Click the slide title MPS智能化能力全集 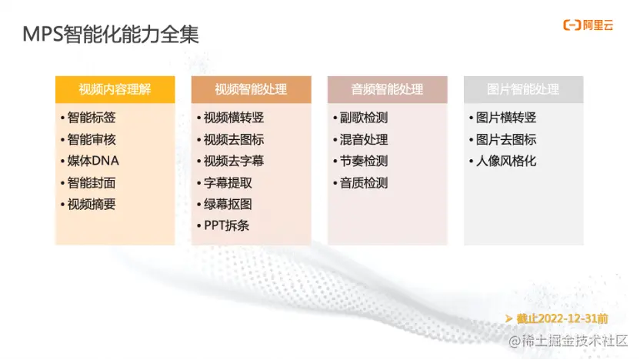[x=111, y=34]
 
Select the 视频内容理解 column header [x=115, y=89]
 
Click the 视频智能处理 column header [x=251, y=89]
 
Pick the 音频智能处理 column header [x=387, y=89]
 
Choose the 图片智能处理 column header [x=523, y=89]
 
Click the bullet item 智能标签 [x=91, y=118]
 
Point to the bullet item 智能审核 [x=91, y=140]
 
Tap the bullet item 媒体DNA [x=93, y=162]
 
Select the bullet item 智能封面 [x=91, y=183]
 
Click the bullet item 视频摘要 [x=91, y=205]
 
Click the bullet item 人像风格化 [x=505, y=162]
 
